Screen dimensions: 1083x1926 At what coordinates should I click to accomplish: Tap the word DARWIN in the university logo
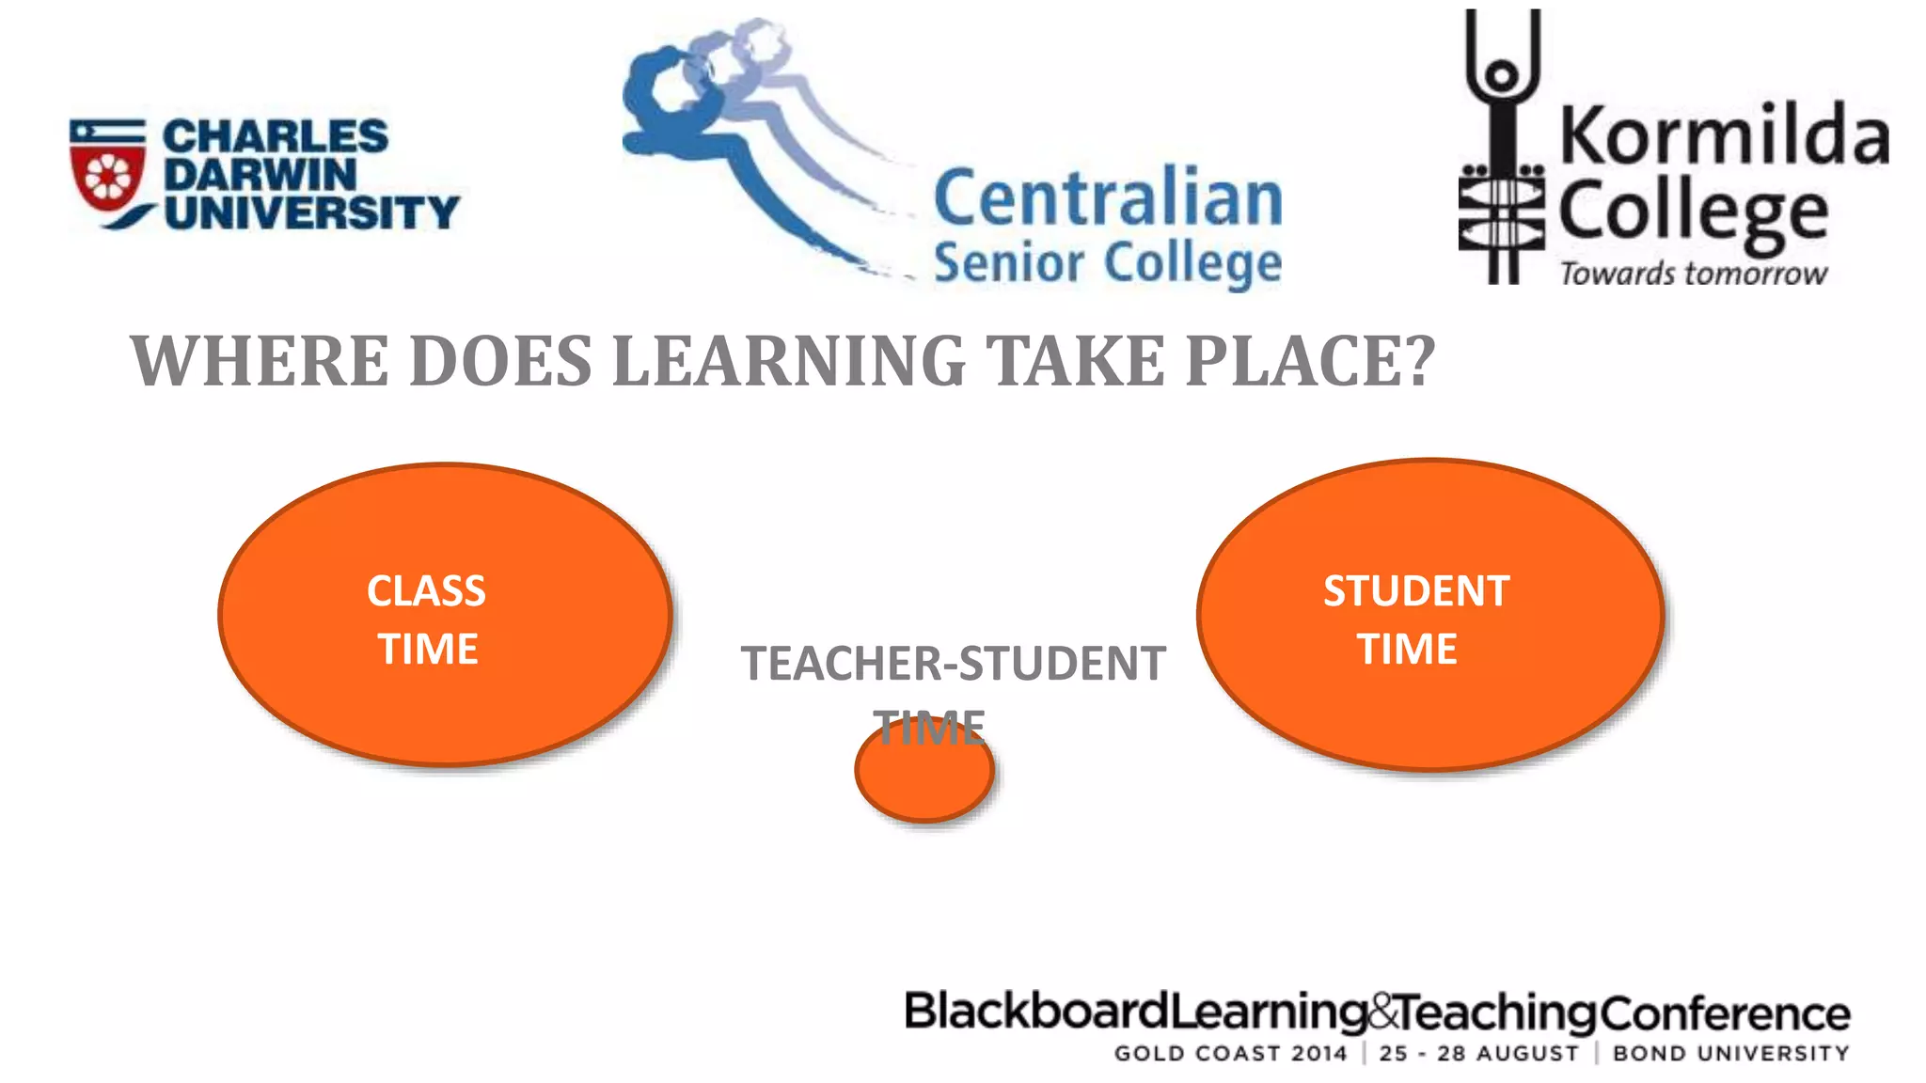click(260, 175)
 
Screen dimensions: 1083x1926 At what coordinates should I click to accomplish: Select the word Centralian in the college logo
click(1108, 198)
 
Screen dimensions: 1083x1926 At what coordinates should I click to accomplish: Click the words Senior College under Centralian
click(1107, 263)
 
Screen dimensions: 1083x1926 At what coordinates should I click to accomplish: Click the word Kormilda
click(1723, 136)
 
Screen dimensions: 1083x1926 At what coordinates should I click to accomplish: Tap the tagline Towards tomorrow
click(1693, 274)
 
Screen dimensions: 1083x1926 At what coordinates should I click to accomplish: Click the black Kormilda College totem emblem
click(1502, 150)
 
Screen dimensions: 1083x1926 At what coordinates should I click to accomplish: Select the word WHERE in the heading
click(260, 361)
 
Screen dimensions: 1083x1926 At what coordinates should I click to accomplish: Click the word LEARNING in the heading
click(789, 361)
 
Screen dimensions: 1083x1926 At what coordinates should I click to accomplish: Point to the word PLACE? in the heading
click(1310, 361)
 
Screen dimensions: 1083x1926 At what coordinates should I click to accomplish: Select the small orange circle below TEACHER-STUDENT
click(924, 780)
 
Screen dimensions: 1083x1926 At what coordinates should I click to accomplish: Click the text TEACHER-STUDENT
click(953, 664)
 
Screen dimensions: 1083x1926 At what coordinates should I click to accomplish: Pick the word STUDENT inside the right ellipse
click(1416, 591)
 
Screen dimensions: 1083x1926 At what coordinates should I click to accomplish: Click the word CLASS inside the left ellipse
click(426, 591)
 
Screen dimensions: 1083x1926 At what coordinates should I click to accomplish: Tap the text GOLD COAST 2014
click(1230, 1054)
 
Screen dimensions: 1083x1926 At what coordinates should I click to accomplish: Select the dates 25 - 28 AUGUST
click(1479, 1054)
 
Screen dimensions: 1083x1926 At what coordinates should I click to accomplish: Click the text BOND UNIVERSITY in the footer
click(1731, 1054)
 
